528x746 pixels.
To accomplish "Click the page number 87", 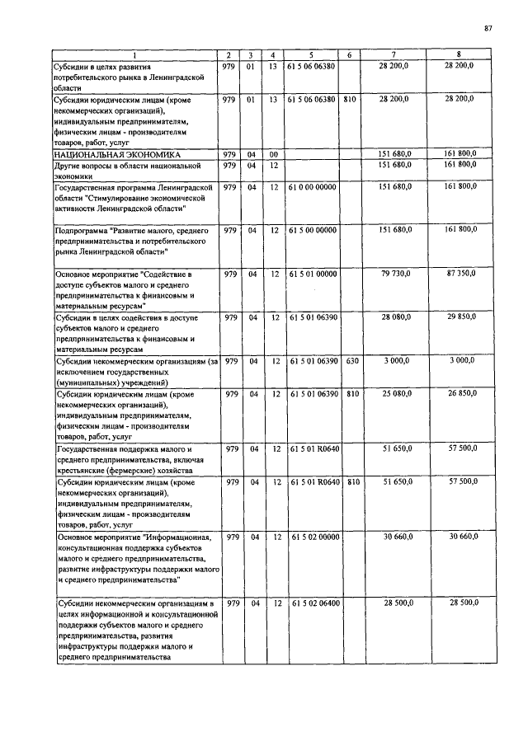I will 488,29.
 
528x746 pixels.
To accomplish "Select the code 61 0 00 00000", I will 313,187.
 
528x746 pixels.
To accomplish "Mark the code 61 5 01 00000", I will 313,273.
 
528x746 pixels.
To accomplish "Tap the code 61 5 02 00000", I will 313,537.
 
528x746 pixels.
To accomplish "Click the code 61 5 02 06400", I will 313,603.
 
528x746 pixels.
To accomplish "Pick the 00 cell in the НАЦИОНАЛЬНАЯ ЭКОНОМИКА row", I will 273,154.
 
